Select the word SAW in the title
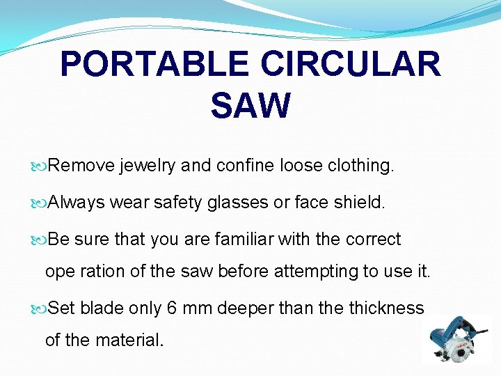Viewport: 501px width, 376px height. click(x=250, y=106)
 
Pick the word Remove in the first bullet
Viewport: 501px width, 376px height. click(x=82, y=166)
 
